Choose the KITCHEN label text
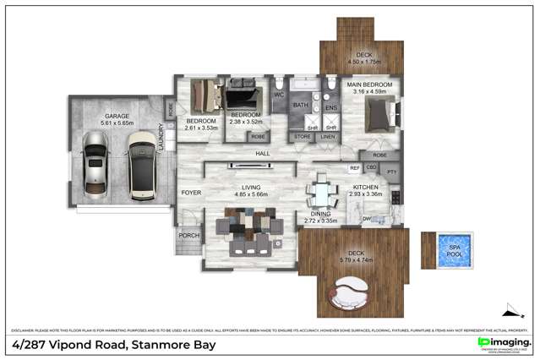tap(366, 187)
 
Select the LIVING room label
tap(250, 187)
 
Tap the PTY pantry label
tap(392, 172)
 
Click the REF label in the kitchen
tap(355, 168)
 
